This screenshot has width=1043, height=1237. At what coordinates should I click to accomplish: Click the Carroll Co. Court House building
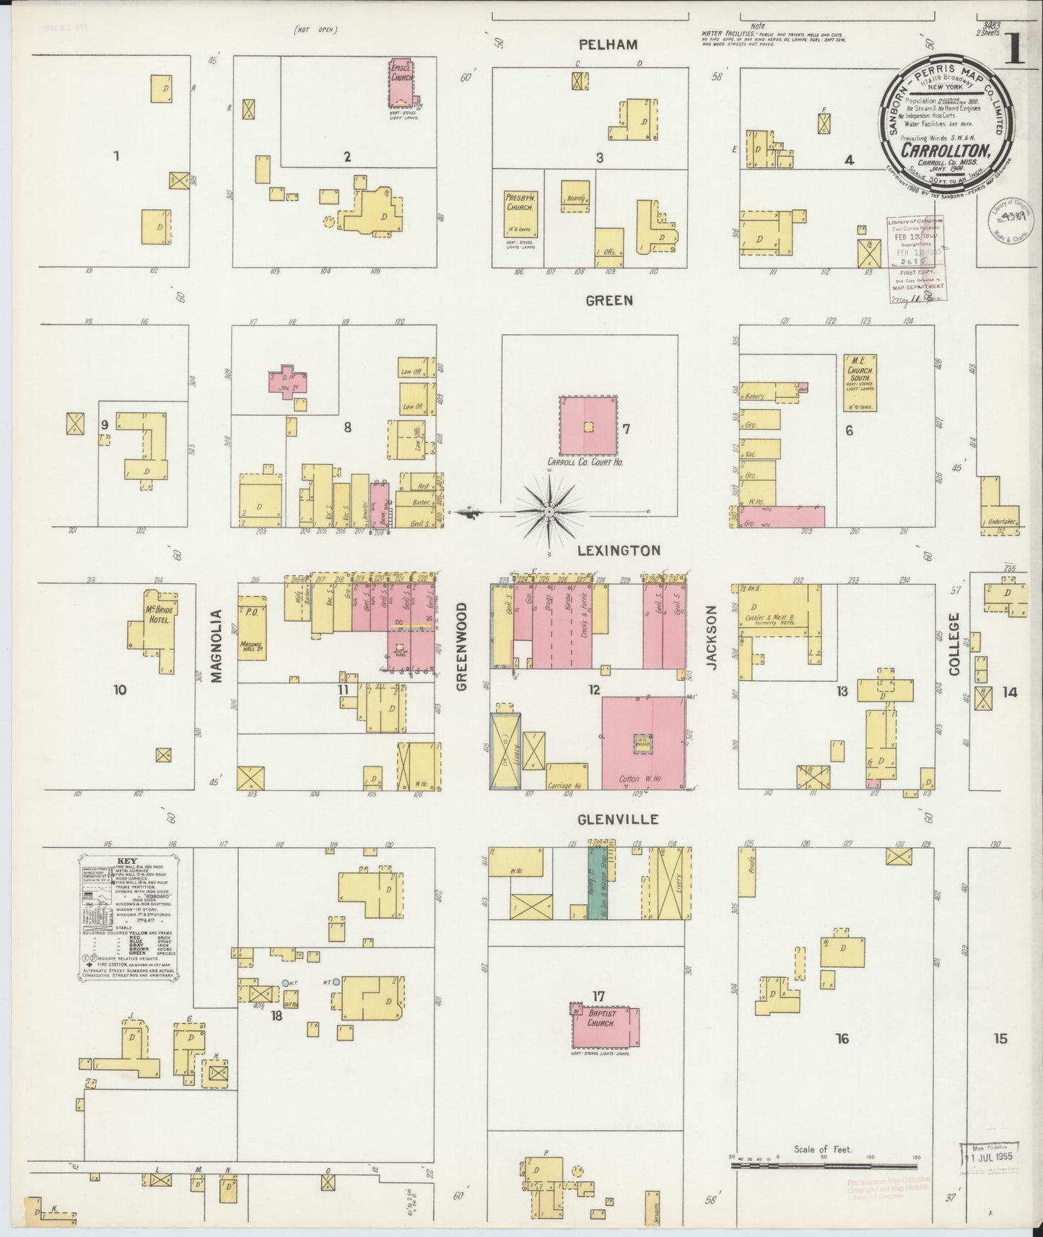point(588,427)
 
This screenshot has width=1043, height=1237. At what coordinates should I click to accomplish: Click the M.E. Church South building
point(860,383)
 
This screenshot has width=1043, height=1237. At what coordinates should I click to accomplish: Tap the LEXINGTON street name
point(619,550)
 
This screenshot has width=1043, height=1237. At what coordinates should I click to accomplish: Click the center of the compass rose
point(549,512)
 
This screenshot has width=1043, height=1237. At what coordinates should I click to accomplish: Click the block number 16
point(842,1039)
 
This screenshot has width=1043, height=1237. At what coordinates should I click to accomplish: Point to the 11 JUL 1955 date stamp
point(989,1155)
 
